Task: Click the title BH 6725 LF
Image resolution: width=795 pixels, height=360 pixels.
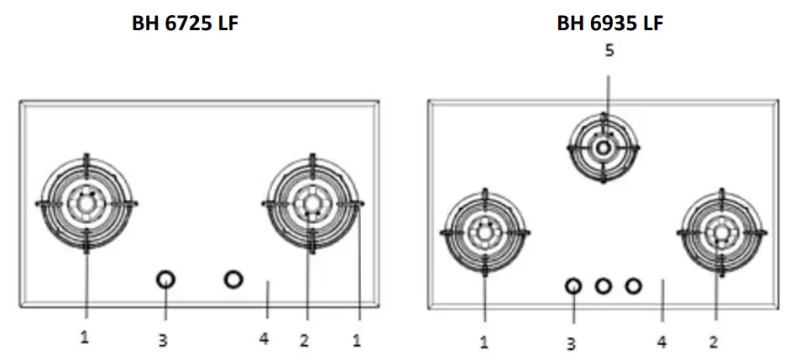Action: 185,23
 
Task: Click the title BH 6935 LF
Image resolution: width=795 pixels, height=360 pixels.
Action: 610,23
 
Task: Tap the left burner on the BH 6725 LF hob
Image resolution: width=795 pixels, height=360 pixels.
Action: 86,203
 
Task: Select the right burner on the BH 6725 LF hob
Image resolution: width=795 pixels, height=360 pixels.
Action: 311,203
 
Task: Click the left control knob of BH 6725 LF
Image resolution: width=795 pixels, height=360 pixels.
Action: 166,279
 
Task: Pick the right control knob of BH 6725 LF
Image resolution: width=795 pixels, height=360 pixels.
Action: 233,279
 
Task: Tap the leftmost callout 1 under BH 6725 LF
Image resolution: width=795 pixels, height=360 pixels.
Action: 85,337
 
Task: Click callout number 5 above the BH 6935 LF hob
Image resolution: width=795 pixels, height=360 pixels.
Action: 609,50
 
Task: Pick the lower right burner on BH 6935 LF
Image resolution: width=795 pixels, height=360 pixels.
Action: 721,230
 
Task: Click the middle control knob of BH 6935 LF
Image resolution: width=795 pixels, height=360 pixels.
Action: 603,286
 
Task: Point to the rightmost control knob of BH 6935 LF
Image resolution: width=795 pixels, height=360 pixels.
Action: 633,286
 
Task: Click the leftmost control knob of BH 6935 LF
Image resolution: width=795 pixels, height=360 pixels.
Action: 573,286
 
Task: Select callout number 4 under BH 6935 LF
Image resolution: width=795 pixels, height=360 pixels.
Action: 662,342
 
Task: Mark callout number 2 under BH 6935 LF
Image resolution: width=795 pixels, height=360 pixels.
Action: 715,342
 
